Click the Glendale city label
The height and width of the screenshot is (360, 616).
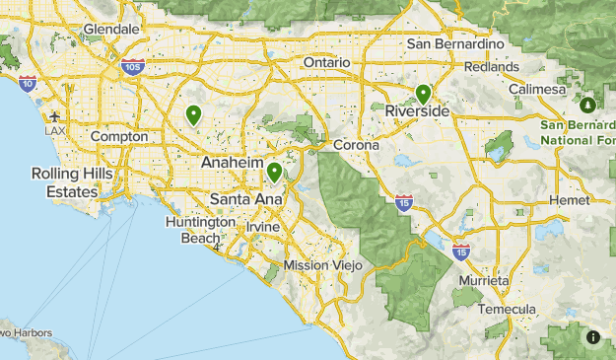111,30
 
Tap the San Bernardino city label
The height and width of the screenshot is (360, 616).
455,44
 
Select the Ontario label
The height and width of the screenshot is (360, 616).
326,62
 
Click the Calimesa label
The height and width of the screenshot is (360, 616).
537,90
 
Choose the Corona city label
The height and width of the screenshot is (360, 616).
356,145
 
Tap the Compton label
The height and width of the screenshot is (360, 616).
119,136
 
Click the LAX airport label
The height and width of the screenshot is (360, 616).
56,131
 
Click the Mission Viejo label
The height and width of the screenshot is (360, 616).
322,266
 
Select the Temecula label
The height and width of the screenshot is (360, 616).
508,309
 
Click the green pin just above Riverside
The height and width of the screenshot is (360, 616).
423,94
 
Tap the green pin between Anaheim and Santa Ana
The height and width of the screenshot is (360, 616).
274,173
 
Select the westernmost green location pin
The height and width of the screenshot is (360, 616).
194,114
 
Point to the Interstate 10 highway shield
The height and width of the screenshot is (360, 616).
27,84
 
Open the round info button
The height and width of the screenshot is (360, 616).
593,337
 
